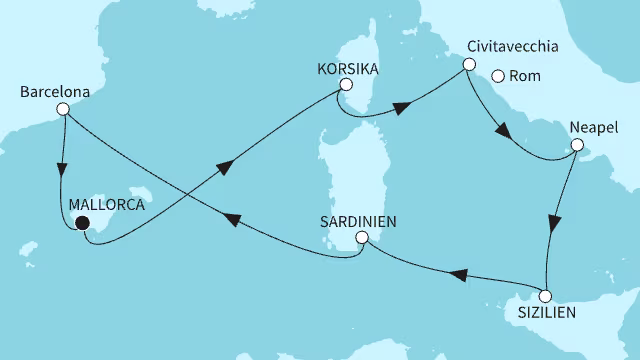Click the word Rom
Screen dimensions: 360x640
point(525,76)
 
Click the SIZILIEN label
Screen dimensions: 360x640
point(546,317)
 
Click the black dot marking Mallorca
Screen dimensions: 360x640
point(81,223)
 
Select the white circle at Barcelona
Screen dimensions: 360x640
point(63,110)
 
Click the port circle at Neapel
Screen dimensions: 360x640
point(576,146)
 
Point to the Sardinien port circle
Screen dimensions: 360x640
point(362,237)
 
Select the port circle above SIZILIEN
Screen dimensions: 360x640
point(545,296)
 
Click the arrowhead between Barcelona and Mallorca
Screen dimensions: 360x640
point(66,167)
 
